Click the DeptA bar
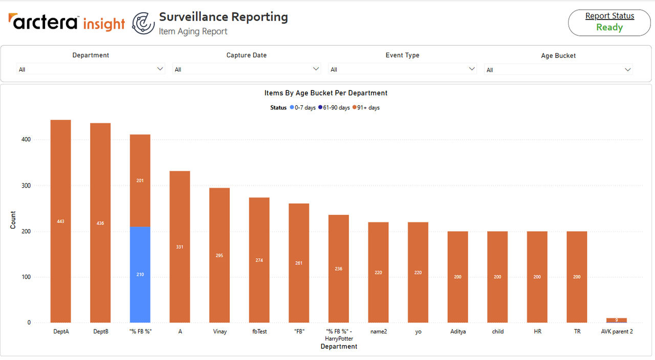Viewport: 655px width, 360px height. click(60, 221)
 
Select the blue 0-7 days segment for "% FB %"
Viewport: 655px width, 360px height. click(140, 275)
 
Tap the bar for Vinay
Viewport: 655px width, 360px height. click(220, 255)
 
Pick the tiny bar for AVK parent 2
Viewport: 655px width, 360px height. click(617, 320)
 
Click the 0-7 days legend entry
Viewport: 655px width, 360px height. click(302, 107)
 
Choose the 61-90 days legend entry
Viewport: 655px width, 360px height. click(334, 107)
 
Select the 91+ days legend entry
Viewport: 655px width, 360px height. click(366, 107)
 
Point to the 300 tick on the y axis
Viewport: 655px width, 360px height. click(26, 186)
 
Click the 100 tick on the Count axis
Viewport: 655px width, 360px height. click(26, 277)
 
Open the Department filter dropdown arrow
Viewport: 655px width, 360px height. click(160, 69)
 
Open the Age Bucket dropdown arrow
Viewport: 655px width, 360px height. click(627, 70)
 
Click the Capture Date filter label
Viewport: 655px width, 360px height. click(247, 55)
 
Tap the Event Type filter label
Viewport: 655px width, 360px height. click(402, 55)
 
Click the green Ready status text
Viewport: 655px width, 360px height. click(609, 27)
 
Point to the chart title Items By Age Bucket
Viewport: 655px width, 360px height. click(326, 93)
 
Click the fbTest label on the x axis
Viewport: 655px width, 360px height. click(259, 331)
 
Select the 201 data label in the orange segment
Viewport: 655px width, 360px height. click(140, 181)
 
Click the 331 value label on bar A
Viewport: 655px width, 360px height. click(180, 247)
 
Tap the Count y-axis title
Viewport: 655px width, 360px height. click(13, 220)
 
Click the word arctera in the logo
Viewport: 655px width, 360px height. click(43, 21)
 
